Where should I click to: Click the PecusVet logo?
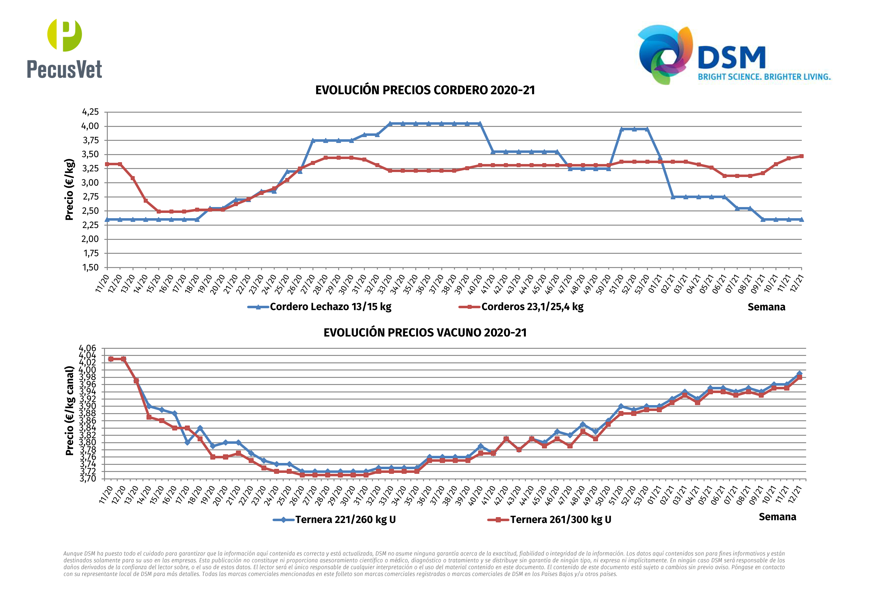click(x=64, y=48)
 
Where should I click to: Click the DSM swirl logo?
click(x=665, y=54)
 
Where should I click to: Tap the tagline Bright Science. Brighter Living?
click(x=764, y=77)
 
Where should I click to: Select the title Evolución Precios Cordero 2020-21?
click(x=425, y=90)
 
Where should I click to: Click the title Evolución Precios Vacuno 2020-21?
click(x=425, y=333)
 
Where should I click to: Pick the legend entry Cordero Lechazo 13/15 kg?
click(x=330, y=307)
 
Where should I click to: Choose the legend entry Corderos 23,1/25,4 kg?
click(x=532, y=307)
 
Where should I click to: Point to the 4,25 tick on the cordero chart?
click(x=90, y=112)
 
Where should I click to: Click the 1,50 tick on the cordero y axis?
click(x=90, y=267)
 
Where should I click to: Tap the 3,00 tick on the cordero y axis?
click(x=90, y=183)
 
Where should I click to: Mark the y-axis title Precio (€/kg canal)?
click(x=70, y=411)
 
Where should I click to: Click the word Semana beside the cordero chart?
click(x=766, y=307)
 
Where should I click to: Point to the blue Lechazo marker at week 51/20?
click(x=622, y=129)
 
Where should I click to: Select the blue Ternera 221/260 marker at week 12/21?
click(x=799, y=374)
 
